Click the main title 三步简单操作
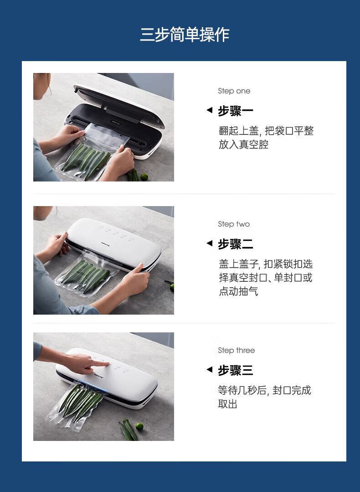click(x=185, y=35)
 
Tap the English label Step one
click(x=234, y=91)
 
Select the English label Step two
click(x=234, y=224)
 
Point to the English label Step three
click(x=236, y=350)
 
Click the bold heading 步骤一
click(x=235, y=111)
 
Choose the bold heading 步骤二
click(x=235, y=244)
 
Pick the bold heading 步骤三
click(x=235, y=370)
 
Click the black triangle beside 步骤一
click(x=209, y=110)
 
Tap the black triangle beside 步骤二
click(x=209, y=243)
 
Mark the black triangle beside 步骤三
click(x=209, y=369)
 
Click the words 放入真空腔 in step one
click(x=243, y=145)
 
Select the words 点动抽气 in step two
click(x=238, y=291)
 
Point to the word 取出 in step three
click(x=228, y=404)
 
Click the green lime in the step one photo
click(x=144, y=176)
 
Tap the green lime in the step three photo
click(x=139, y=426)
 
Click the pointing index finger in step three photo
click(x=100, y=364)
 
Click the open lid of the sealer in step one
click(x=119, y=104)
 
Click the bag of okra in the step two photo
click(x=85, y=273)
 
